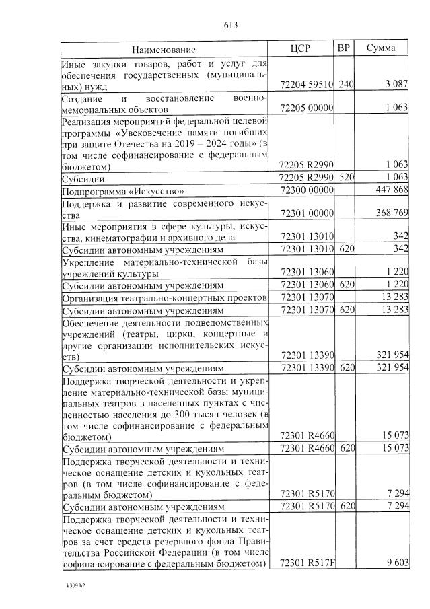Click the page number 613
[230, 26]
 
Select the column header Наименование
[164, 50]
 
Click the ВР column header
[345, 48]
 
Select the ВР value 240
[346, 85]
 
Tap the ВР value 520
[346, 177]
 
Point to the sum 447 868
[392, 190]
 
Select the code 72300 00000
[307, 190]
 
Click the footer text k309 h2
[75, 585]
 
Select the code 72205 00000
[307, 108]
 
